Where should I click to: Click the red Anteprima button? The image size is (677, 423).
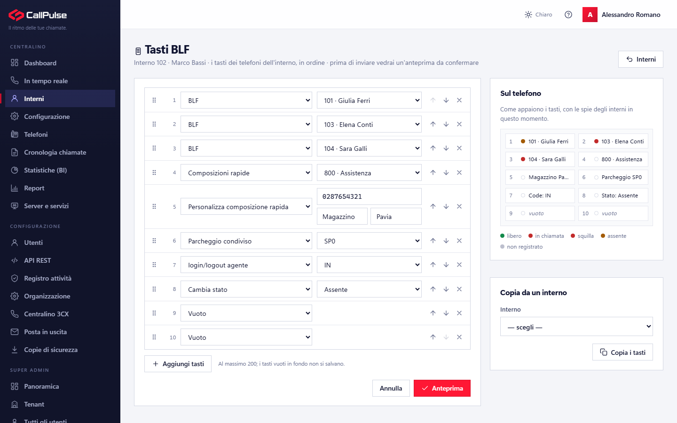pos(442,388)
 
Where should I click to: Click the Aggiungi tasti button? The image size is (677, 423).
pos(178,364)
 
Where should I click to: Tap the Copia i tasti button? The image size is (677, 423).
pos(622,352)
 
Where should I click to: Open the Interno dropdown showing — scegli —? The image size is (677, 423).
pos(576,327)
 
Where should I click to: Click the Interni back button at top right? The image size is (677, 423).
pos(641,59)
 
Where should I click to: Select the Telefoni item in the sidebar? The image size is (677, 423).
pos(36,134)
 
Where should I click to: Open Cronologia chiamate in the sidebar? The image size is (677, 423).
pos(55,152)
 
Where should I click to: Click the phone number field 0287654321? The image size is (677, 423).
pos(369,196)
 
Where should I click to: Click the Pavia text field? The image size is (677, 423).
pos(396,216)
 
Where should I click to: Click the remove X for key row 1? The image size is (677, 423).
pos(459,100)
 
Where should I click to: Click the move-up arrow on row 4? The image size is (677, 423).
pos(433,172)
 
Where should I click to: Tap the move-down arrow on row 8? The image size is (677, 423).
pos(446,289)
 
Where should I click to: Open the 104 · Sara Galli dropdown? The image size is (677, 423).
pos(369,149)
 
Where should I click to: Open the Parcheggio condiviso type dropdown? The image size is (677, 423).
pos(246,241)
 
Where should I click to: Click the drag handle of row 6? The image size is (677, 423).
pos(154,241)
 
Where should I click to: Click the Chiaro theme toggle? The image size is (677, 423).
pos(538,15)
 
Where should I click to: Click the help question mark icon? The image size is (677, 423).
pos(568,15)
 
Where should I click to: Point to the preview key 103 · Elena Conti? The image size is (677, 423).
pos(613,141)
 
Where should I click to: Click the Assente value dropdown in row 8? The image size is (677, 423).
pos(369,289)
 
